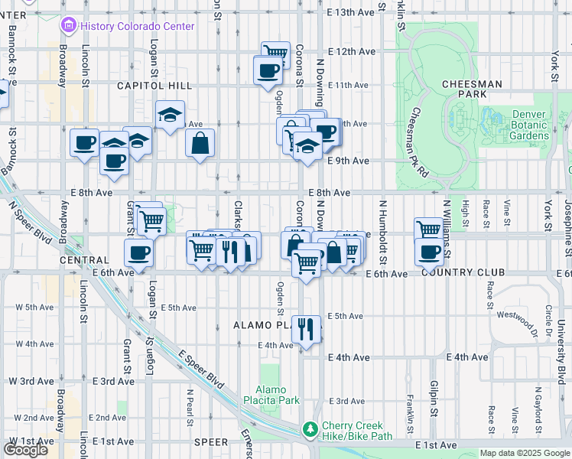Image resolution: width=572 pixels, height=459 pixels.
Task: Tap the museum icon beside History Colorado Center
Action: [x=70, y=26]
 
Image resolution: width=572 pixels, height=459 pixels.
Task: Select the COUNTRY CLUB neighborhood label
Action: [x=462, y=272]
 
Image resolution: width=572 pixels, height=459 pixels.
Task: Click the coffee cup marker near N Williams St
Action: [x=430, y=251]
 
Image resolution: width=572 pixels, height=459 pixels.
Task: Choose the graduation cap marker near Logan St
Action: [x=171, y=115]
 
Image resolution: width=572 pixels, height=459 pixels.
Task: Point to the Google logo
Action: [x=25, y=450]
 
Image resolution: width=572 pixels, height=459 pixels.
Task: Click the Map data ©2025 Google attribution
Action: [x=525, y=453]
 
